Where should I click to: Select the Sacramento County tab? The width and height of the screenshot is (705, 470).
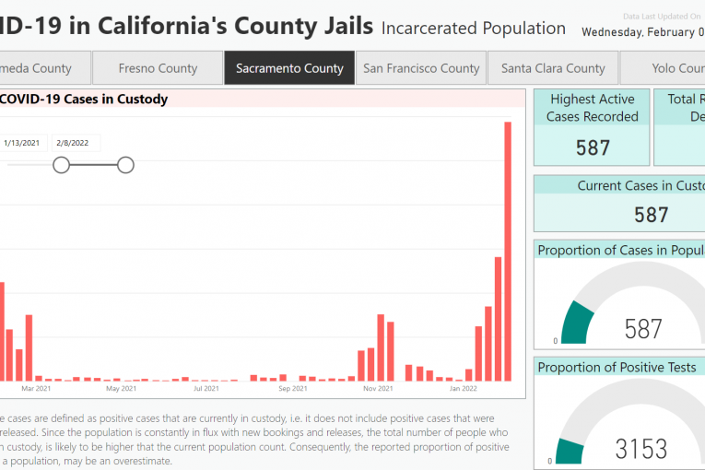click(x=289, y=68)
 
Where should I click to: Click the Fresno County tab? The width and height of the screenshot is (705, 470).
click(x=158, y=68)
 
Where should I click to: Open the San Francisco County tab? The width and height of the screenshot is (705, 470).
click(x=421, y=68)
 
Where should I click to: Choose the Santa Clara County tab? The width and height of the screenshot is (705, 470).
click(x=553, y=68)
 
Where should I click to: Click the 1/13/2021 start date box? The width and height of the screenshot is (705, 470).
click(x=21, y=143)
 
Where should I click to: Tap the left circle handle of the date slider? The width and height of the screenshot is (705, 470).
click(x=61, y=165)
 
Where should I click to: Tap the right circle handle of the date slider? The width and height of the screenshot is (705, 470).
click(x=125, y=165)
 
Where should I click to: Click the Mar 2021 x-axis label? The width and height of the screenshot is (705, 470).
click(x=36, y=388)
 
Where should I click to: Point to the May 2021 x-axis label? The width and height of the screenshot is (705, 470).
click(x=122, y=388)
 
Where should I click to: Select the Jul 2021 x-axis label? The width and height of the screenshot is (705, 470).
click(x=206, y=388)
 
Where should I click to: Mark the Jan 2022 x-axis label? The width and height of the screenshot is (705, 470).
click(x=463, y=388)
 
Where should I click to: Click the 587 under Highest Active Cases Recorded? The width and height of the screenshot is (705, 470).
click(x=593, y=147)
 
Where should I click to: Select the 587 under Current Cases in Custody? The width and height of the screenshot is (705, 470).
click(x=651, y=215)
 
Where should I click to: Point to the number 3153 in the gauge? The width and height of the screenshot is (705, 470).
click(x=641, y=449)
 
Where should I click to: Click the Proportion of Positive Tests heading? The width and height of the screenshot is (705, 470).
click(x=617, y=367)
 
